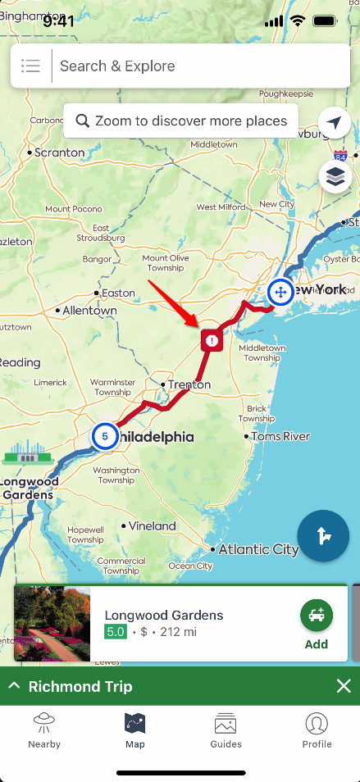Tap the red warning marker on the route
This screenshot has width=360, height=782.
pos(212,340)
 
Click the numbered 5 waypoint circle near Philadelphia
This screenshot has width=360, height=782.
pos(105,436)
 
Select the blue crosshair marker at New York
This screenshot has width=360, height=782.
pos(280,292)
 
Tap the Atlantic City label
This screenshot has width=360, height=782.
pos(258,550)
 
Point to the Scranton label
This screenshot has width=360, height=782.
pos(59,152)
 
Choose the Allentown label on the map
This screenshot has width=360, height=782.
pos(89,311)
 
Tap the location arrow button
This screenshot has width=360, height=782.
pos(335,123)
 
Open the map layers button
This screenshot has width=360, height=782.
pos(335,176)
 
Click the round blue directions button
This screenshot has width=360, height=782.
pos(323,536)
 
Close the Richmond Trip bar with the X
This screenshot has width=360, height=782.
pos(344,686)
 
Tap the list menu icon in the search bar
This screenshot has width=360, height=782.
pos(31,66)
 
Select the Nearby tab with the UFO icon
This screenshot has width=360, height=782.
pos(44,730)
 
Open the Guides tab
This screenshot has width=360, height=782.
pos(226,730)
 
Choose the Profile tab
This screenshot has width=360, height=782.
pos(317,730)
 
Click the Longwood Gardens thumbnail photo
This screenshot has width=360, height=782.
pos(52,624)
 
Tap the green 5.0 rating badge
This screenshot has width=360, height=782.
pos(115,632)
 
